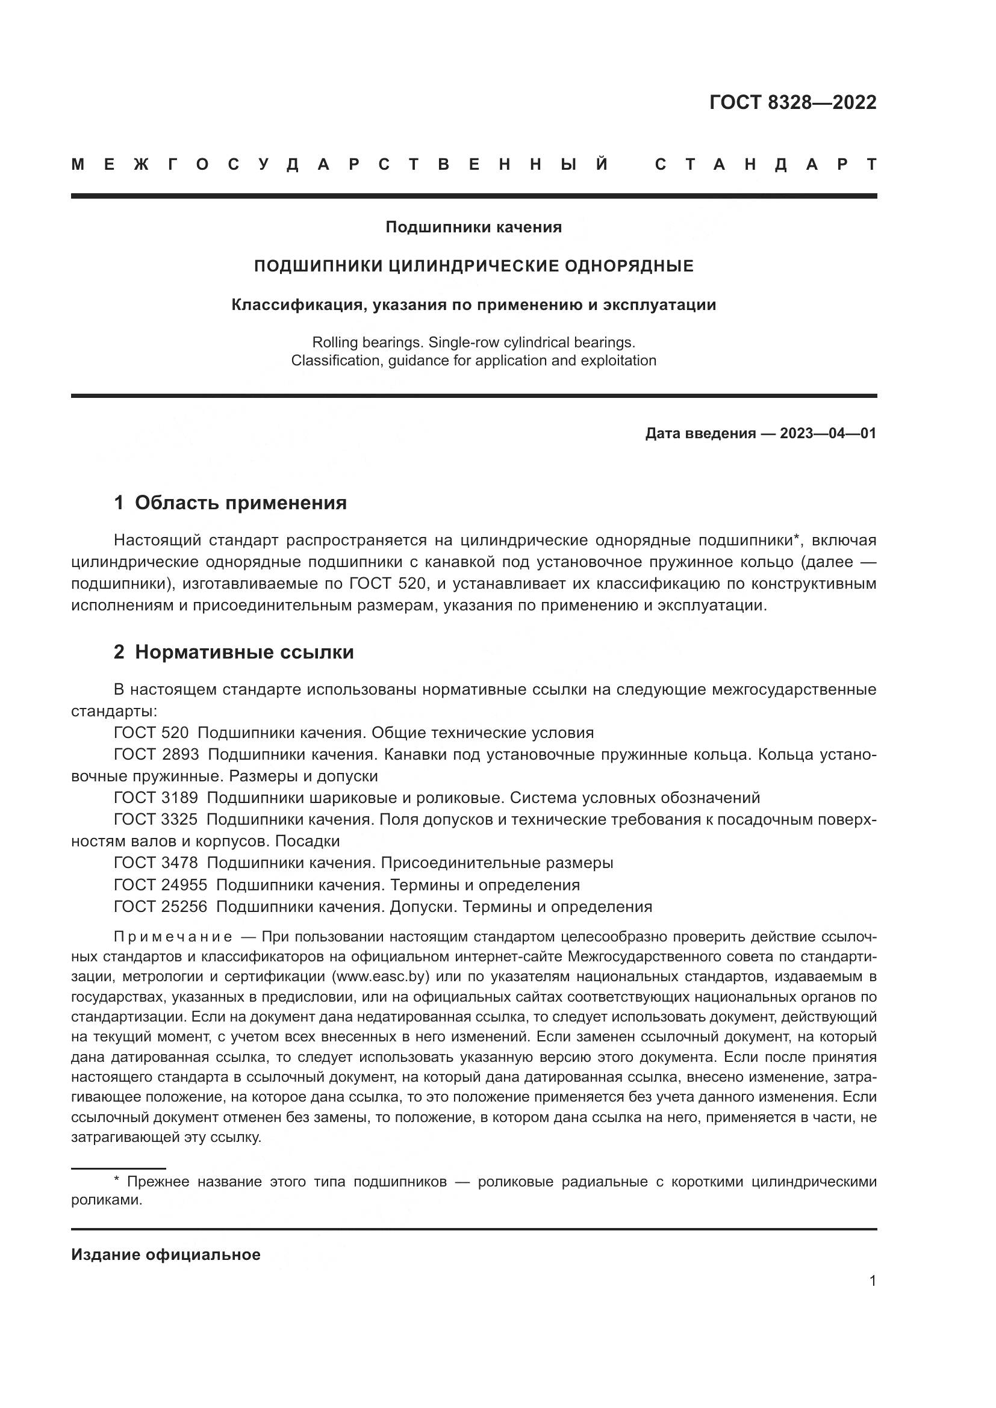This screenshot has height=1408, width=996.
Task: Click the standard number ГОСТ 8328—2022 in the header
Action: click(792, 102)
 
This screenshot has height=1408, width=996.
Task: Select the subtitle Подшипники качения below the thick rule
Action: click(473, 228)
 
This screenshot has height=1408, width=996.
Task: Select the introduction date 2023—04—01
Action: click(827, 433)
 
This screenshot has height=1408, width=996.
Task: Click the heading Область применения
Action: click(240, 503)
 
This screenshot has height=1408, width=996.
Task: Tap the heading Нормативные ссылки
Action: click(244, 652)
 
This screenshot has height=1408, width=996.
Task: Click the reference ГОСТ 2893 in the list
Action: click(157, 754)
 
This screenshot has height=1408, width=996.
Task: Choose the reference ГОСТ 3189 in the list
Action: click(156, 798)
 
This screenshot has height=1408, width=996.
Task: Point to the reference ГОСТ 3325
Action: click(156, 819)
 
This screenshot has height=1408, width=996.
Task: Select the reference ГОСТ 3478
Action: click(156, 863)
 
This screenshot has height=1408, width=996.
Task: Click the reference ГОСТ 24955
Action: click(161, 885)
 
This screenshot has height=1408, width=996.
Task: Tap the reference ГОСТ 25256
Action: click(161, 907)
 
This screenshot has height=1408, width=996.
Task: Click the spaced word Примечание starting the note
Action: click(173, 937)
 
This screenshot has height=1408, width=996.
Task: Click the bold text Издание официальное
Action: click(166, 1254)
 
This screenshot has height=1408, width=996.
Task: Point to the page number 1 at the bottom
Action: click(872, 1280)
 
